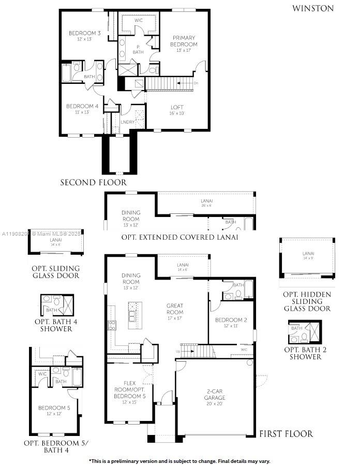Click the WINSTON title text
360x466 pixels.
(313, 8)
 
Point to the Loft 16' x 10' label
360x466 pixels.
(177, 110)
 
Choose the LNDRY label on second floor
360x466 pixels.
(127, 122)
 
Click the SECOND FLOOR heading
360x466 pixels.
(93, 182)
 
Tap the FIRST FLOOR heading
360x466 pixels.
(286, 434)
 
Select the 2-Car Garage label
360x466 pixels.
(214, 395)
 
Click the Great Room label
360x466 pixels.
(175, 309)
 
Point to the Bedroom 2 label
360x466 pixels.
(231, 323)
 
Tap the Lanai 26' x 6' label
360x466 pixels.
(207, 202)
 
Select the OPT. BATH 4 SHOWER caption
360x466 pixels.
(53, 325)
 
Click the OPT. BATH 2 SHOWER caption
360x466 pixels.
(305, 353)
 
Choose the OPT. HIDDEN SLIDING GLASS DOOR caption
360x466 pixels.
(307, 301)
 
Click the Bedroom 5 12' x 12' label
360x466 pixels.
(54, 411)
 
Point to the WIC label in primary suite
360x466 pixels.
(139, 20)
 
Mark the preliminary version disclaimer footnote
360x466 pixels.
(179, 460)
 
